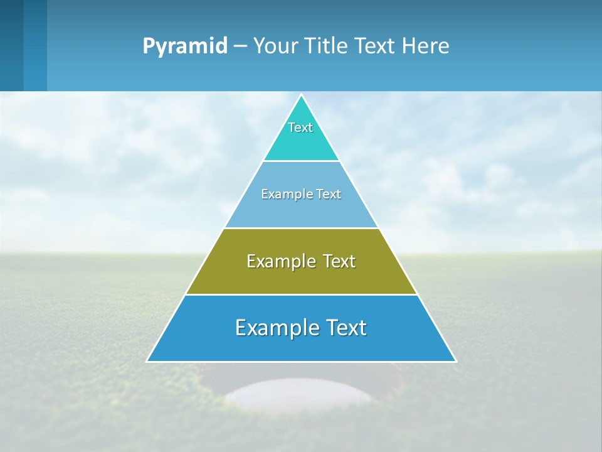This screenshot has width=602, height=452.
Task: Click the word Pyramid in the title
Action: click(x=184, y=46)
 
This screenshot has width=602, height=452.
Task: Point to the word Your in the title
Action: click(x=276, y=46)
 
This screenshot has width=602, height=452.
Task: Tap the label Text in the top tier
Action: click(x=300, y=127)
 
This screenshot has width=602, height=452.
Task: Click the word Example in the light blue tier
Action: click(x=284, y=195)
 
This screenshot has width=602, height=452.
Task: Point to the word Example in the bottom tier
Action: click(x=275, y=328)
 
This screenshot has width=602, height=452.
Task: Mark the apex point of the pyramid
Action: click(x=301, y=95)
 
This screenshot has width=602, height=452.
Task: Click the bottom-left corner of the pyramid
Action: click(x=147, y=361)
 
